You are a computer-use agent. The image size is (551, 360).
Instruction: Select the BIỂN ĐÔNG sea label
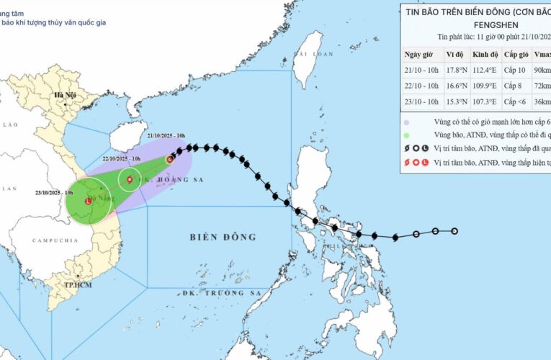223,237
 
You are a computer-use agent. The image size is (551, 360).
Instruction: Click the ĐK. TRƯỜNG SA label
221,293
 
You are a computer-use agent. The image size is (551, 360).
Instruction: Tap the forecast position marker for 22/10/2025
130,179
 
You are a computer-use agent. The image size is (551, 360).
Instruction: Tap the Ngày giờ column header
421,55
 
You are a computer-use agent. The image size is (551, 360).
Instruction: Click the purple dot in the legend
408,122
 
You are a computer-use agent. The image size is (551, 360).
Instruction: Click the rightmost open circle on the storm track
454,231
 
